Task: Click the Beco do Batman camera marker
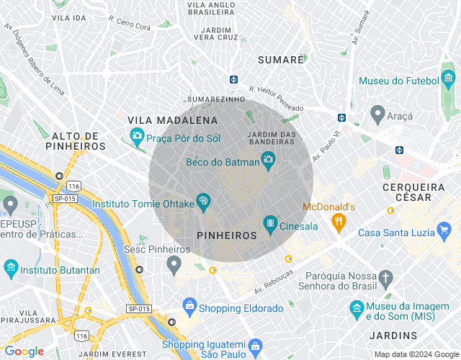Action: tap(268, 160)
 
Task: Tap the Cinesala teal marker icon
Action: tap(270, 225)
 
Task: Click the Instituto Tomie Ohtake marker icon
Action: tap(204, 202)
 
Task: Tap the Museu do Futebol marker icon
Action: tap(449, 79)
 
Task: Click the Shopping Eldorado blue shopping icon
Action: tap(189, 306)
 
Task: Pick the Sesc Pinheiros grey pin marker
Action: tap(174, 265)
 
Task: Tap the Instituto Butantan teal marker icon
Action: tap(11, 269)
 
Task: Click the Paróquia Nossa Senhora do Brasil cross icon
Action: tap(386, 278)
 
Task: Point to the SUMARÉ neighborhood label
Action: tap(282, 60)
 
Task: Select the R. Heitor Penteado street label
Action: tap(276, 98)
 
